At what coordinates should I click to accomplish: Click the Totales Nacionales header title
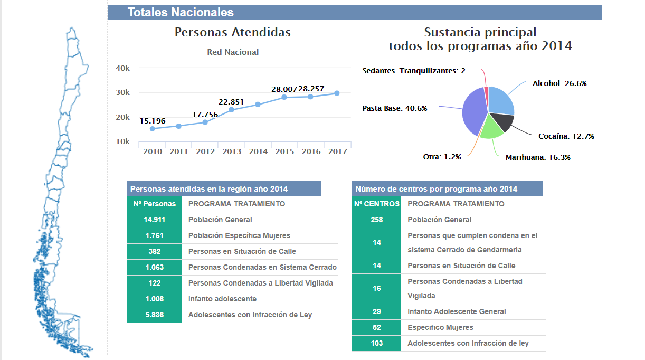tap(181, 13)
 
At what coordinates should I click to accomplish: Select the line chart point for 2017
tap(337, 93)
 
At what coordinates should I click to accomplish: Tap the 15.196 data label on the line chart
tap(153, 121)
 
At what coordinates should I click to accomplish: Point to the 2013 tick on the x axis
tap(232, 151)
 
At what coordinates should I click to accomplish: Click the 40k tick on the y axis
tap(123, 68)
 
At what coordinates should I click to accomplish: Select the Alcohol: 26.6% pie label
tap(559, 83)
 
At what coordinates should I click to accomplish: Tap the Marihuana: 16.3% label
tap(538, 157)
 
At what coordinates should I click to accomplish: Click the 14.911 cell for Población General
tap(155, 220)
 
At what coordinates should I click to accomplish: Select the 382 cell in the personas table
tap(155, 251)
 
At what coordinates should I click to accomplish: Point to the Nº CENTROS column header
tap(376, 204)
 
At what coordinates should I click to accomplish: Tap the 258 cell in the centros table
tap(376, 220)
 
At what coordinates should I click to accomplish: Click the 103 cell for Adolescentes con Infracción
tap(376, 343)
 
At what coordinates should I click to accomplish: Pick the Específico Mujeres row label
tap(440, 327)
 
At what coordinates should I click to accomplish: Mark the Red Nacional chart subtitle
tap(233, 52)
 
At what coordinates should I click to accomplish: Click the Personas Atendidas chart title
tap(233, 32)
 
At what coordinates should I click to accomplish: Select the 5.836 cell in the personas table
tap(155, 315)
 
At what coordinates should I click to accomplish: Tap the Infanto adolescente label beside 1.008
tap(222, 299)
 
